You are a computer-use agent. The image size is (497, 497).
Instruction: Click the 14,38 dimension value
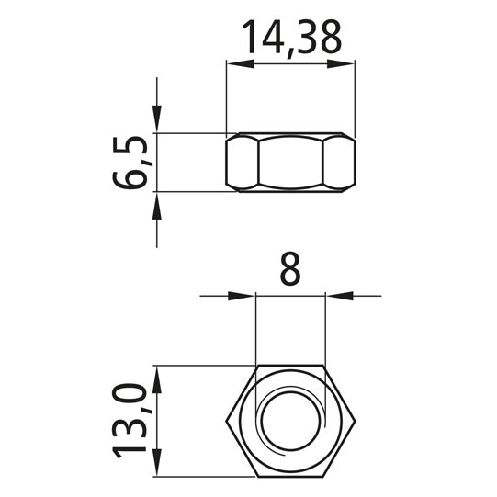[291, 39]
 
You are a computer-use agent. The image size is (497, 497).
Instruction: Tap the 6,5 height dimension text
[130, 163]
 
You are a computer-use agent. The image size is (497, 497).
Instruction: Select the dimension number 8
[290, 268]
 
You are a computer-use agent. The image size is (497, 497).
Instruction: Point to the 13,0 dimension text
[130, 421]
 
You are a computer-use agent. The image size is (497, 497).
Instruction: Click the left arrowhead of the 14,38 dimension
[241, 63]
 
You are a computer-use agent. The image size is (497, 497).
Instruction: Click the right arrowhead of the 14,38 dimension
[341, 63]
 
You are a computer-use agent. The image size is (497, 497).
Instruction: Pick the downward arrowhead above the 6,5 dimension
[157, 119]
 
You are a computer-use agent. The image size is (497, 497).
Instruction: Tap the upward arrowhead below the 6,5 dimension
[157, 206]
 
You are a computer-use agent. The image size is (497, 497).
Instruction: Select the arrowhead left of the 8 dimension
[242, 296]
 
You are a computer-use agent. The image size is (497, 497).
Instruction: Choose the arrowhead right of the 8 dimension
[340, 296]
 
